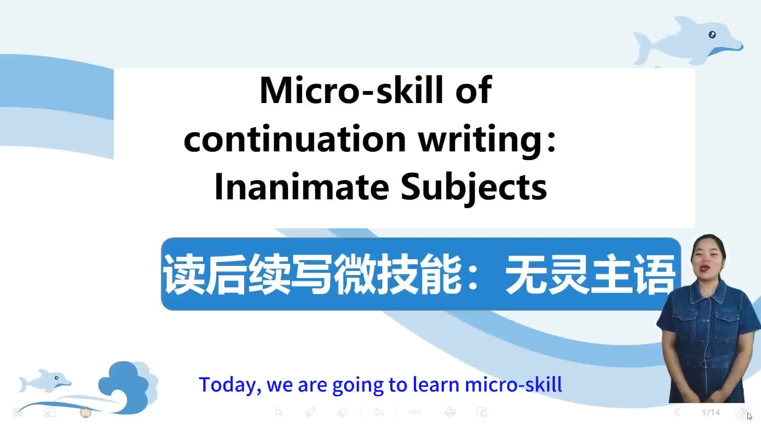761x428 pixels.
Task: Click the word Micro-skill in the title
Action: point(351,90)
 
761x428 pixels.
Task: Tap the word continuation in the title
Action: point(295,139)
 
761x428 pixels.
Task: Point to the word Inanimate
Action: point(302,186)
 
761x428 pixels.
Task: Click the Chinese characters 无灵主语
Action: point(590,274)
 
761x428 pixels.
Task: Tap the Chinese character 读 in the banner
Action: point(184,274)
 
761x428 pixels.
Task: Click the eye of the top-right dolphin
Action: point(712,34)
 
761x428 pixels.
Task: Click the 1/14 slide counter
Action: point(711,413)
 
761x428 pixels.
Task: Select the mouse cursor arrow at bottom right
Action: point(749,416)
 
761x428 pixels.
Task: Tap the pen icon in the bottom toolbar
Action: point(311,413)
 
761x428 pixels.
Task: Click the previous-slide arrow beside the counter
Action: point(677,413)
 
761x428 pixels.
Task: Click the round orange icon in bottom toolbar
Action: point(85,413)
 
